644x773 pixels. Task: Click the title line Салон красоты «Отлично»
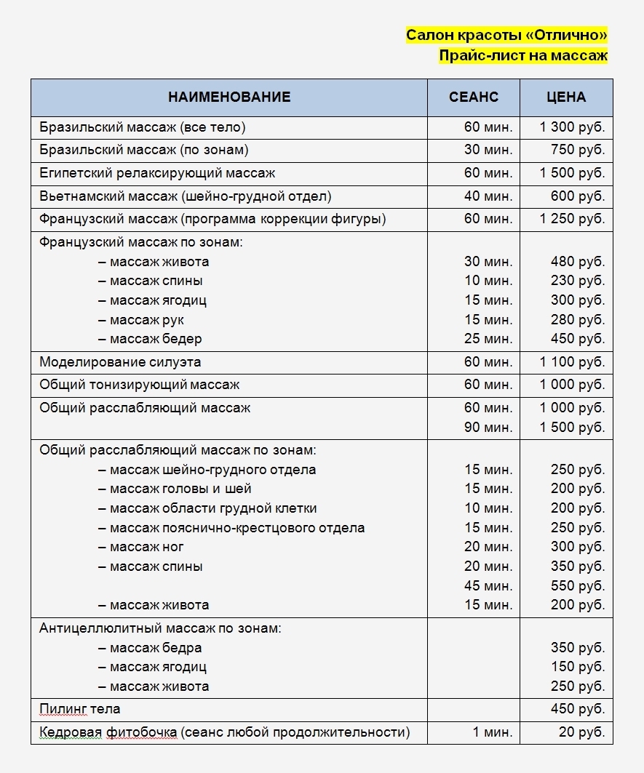(x=506, y=36)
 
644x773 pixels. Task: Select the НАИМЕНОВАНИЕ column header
(x=229, y=97)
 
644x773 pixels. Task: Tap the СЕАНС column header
(x=474, y=97)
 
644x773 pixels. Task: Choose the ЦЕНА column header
(x=566, y=97)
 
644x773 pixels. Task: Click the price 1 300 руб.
(x=572, y=128)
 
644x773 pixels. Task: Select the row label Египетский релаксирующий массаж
(x=157, y=174)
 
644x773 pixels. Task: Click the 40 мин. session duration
(x=488, y=196)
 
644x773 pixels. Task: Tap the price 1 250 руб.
(x=572, y=219)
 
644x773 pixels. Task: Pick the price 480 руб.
(x=578, y=262)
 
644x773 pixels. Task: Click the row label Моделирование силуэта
(x=120, y=362)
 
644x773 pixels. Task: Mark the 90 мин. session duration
(x=488, y=428)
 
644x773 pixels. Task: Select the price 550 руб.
(x=578, y=585)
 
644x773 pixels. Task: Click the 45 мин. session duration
(x=488, y=585)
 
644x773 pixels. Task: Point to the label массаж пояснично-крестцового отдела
(x=236, y=528)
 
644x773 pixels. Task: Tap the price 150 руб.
(x=578, y=667)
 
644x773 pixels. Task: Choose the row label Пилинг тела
(x=80, y=709)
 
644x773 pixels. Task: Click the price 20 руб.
(x=581, y=732)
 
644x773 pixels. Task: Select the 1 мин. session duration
(x=492, y=732)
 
